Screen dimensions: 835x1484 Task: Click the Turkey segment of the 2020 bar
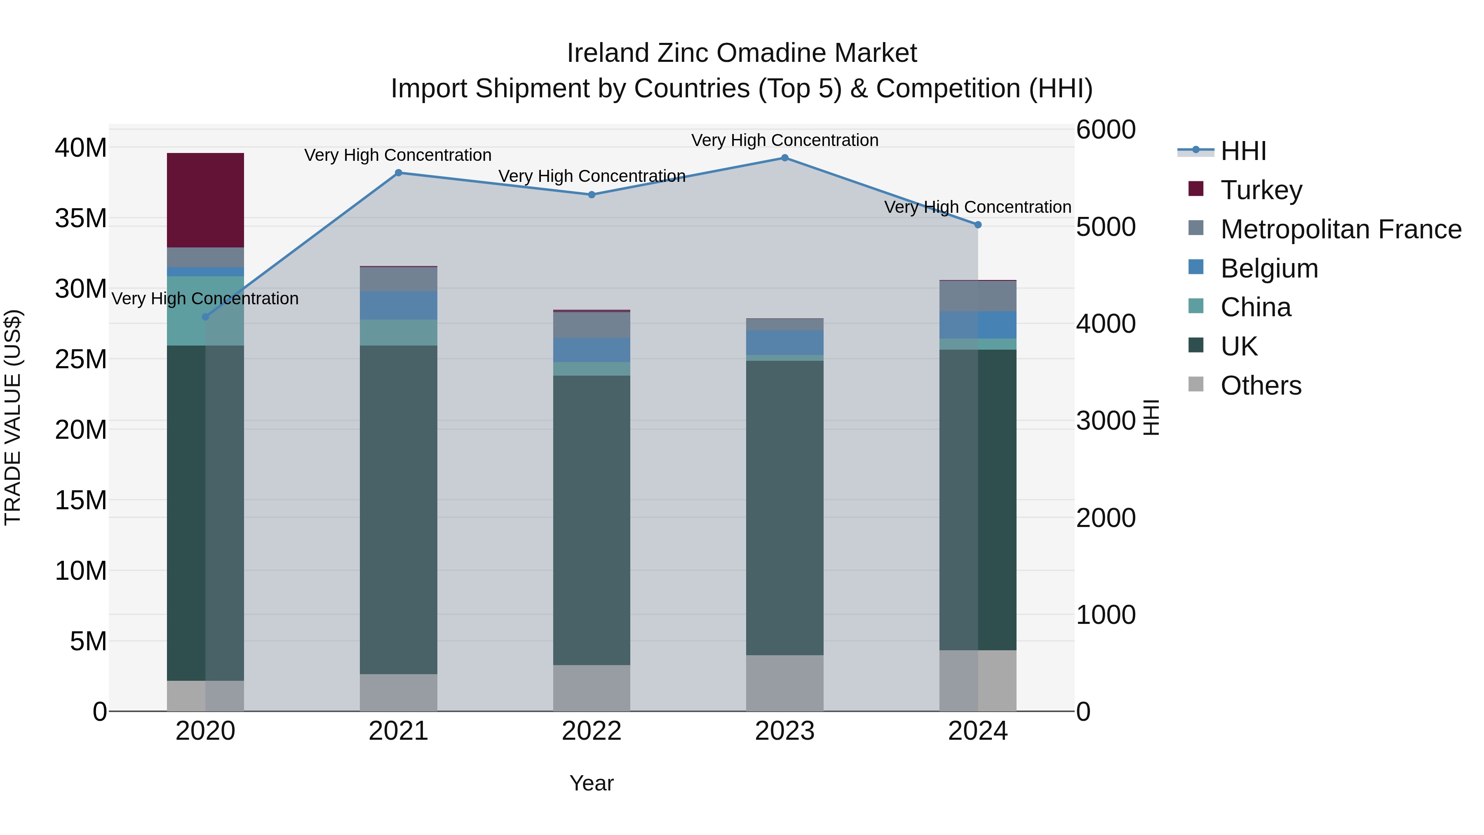pos(205,200)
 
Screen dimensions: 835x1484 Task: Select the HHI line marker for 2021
pos(398,173)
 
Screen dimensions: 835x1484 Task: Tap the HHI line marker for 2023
pos(784,158)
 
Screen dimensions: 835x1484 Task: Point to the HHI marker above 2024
pos(978,225)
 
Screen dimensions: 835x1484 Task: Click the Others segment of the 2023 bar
pos(784,683)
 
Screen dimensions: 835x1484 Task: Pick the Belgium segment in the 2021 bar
pos(398,306)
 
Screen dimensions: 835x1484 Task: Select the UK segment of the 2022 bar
pos(591,520)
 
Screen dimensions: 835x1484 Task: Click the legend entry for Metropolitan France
pos(1341,229)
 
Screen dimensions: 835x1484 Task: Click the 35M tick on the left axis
pos(81,219)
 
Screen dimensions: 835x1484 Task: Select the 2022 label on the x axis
pos(591,731)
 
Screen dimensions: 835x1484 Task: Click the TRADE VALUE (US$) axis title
pos(13,417)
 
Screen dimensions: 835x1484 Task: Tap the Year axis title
pos(591,783)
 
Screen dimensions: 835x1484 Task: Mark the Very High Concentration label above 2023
pos(784,140)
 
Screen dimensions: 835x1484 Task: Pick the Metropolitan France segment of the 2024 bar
pos(978,296)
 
